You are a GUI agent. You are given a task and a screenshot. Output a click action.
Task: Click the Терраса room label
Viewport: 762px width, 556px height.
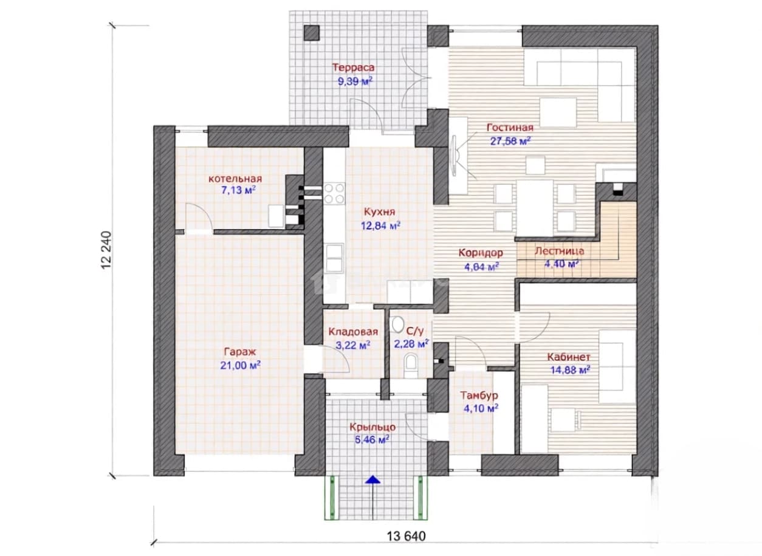click(353, 67)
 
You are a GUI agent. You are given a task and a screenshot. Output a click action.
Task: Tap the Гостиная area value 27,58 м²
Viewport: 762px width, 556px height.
click(510, 141)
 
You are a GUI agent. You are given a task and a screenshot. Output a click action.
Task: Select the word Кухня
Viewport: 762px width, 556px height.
click(379, 211)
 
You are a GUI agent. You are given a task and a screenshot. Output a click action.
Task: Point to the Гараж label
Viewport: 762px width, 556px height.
click(240, 352)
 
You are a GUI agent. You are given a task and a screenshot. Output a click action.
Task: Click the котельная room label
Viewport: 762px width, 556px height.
click(235, 179)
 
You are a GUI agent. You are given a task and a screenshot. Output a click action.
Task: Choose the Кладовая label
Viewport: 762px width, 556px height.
click(353, 332)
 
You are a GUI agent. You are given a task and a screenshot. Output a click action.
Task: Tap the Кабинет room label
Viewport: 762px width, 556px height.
click(568, 357)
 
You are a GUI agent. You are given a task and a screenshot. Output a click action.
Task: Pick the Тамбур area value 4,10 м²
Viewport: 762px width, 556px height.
click(481, 408)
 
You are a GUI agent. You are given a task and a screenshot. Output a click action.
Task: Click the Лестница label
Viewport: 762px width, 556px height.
click(560, 251)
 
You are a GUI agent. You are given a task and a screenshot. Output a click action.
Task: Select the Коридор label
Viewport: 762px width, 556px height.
click(481, 253)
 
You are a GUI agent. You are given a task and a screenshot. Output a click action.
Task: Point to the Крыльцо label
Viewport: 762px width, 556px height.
click(372, 427)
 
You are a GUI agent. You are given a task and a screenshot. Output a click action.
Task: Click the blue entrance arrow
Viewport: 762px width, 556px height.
click(373, 479)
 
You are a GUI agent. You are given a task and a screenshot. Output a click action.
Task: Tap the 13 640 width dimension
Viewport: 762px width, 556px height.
click(406, 537)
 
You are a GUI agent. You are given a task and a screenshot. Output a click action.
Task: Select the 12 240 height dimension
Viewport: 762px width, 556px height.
click(106, 250)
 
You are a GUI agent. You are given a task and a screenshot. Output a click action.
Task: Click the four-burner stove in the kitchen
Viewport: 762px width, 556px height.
click(334, 194)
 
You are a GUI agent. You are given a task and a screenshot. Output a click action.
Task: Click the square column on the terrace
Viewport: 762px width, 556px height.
click(311, 33)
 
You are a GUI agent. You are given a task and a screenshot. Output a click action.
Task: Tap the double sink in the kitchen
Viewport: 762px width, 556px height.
click(334, 258)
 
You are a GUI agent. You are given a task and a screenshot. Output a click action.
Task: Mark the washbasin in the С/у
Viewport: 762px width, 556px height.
click(397, 324)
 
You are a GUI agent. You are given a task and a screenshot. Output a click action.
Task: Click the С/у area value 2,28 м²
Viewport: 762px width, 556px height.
click(411, 345)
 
